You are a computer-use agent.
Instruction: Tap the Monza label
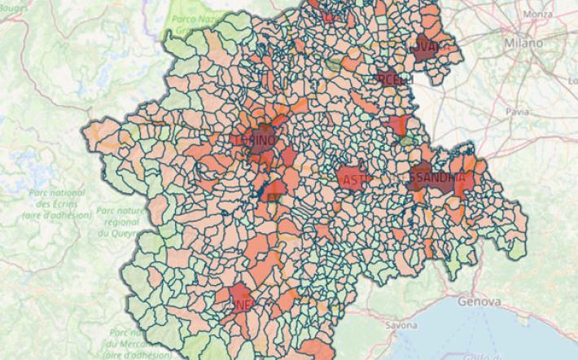coord(538,15)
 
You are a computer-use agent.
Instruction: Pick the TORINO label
coord(255,140)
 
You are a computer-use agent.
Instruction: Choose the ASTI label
coord(356,180)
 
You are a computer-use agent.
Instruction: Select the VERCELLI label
coord(396,78)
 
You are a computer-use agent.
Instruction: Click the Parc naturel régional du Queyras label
coord(116,221)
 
